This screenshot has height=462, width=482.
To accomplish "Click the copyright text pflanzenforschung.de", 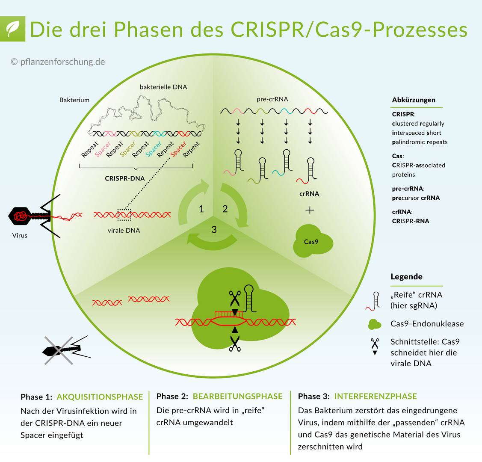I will coord(58,62).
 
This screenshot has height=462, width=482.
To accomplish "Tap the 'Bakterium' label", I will coord(74,100).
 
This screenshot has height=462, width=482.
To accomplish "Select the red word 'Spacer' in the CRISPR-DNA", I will coord(178,148).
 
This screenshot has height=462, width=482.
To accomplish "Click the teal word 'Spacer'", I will coord(153,148).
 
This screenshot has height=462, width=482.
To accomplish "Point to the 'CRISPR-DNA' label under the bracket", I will coord(125,178).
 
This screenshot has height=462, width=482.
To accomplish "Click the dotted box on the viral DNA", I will coord(124,214).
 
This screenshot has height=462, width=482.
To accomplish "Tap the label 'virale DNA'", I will coord(124,230).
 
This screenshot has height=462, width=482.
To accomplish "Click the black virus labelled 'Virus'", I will coord(30,216).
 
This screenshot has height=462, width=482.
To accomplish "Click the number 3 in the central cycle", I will coord(214,230).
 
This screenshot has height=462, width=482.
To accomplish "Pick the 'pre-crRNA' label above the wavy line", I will coord(272,99).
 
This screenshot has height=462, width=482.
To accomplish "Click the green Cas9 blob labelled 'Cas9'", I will coord(312,242).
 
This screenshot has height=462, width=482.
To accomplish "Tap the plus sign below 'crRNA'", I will coord(310,210).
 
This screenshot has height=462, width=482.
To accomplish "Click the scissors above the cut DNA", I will coord(234,297).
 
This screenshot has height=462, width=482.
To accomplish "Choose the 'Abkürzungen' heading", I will coord(414,100).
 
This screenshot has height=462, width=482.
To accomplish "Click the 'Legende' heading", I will coord(406,277).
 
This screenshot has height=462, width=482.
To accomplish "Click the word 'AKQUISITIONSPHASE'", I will coord(100,397).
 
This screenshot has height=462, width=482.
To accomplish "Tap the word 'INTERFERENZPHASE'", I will coord(376,397).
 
